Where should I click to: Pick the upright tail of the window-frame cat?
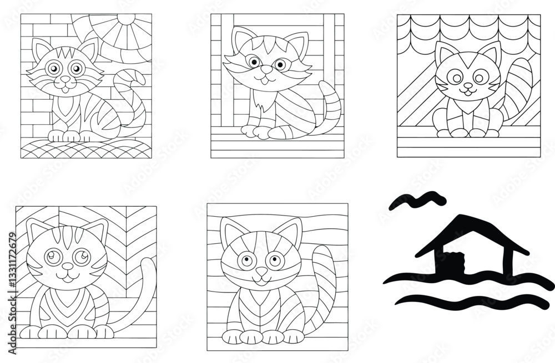[x=332, y=105]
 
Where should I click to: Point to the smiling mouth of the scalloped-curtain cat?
[x=468, y=93]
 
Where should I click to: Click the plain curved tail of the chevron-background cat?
[x=139, y=299]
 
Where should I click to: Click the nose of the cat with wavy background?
[x=260, y=272]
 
